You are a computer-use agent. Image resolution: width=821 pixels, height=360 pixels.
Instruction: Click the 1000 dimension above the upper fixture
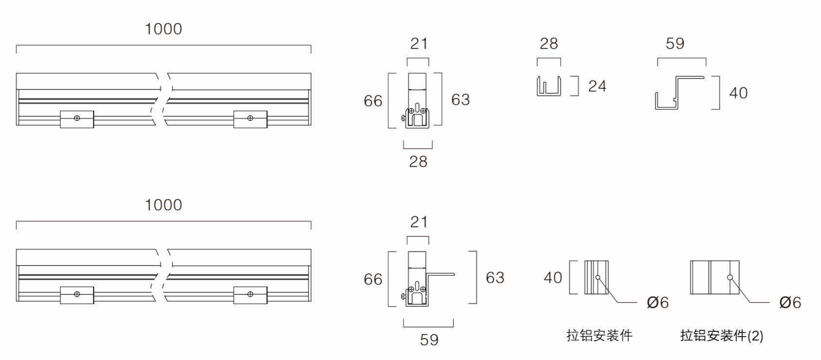click(163, 29)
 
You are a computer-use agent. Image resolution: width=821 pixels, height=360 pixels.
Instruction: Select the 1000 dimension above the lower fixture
click(163, 205)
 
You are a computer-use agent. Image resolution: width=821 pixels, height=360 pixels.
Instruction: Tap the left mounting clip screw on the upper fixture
click(77, 118)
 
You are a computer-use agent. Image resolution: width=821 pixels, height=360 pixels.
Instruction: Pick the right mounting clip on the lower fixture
click(250, 294)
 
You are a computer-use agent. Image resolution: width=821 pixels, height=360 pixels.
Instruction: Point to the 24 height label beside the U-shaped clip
click(597, 86)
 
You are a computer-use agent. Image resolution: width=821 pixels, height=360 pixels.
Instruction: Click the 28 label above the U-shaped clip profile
click(549, 44)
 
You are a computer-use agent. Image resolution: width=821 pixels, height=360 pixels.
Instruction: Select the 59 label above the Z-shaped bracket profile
click(675, 44)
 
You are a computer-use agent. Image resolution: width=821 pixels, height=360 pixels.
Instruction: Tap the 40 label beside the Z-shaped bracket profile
click(738, 93)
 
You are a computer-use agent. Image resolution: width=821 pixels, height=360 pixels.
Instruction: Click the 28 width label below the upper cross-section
click(418, 161)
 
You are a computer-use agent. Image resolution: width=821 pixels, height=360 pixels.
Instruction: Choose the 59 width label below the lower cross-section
click(429, 340)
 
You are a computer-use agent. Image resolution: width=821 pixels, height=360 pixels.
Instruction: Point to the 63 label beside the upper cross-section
click(461, 100)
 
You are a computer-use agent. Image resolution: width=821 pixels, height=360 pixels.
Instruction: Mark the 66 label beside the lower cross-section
click(373, 279)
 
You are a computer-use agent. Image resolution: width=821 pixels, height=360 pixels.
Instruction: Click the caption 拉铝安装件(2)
click(721, 336)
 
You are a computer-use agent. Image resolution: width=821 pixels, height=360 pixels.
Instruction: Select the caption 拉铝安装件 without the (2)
click(599, 336)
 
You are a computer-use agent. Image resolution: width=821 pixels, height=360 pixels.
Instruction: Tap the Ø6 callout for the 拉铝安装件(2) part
click(790, 303)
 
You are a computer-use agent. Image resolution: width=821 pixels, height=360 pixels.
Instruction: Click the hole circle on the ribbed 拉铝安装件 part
click(598, 278)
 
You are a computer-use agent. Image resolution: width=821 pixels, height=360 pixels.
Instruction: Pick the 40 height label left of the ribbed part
click(553, 278)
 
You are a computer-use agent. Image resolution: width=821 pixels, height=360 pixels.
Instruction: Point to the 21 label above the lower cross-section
click(419, 222)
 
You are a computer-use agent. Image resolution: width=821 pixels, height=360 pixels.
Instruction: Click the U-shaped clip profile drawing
click(549, 86)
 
